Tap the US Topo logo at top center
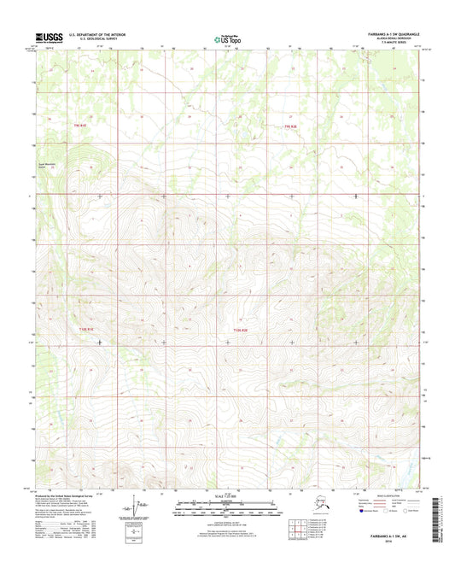click(x=227, y=38)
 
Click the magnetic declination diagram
click(x=137, y=509)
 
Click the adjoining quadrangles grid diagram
click(x=321, y=528)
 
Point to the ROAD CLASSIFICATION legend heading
click(x=382, y=496)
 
